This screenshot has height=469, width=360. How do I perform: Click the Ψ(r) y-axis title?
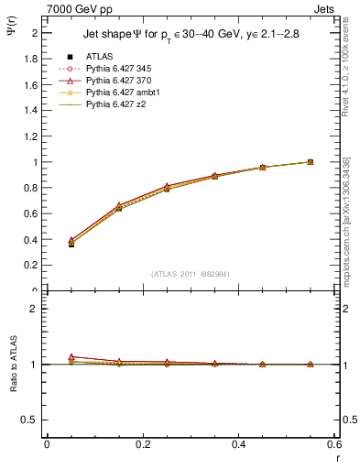pyautogui.click(x=13, y=30)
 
